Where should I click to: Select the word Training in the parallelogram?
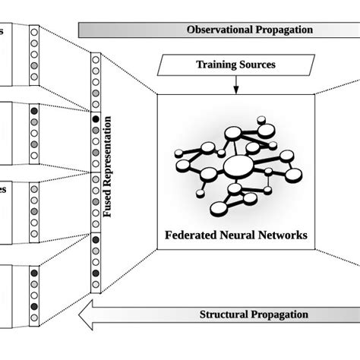click(x=214, y=65)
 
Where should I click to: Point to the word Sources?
click(x=256, y=65)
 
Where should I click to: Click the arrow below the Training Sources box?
click(x=235, y=85)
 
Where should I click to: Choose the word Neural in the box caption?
click(x=238, y=235)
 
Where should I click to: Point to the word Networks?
click(x=283, y=235)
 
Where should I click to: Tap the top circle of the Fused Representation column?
click(x=95, y=58)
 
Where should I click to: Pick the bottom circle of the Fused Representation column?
click(x=95, y=287)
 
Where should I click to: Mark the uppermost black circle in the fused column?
click(x=95, y=119)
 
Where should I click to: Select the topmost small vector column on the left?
click(x=33, y=54)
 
